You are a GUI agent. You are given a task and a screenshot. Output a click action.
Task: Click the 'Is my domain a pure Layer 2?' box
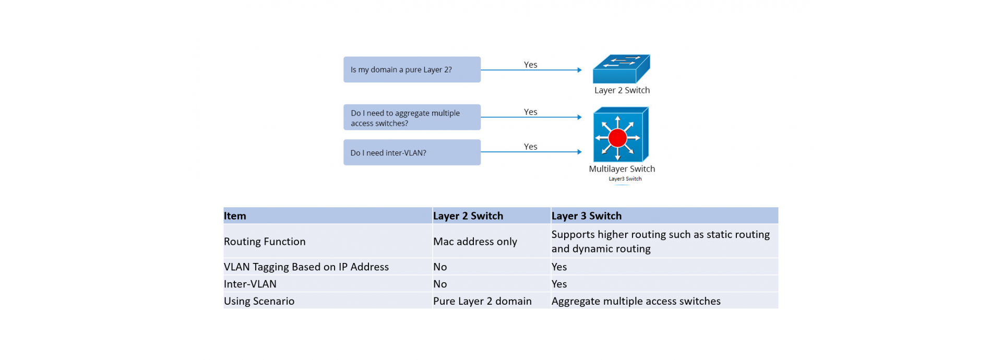(412, 69)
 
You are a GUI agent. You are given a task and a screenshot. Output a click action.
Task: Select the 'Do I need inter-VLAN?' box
(412, 152)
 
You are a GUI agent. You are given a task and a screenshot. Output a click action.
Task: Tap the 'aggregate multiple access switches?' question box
(412, 117)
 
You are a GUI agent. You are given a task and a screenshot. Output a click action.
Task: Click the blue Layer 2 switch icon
(621, 69)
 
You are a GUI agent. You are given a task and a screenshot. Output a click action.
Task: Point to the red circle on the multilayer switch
(617, 138)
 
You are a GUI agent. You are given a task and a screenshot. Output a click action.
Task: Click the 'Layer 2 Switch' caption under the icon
(622, 90)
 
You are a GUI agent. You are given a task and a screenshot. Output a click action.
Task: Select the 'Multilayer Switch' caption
(622, 169)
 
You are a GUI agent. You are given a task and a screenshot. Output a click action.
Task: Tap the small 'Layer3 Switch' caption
(625, 179)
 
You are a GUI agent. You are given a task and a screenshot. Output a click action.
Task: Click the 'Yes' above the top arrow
(530, 65)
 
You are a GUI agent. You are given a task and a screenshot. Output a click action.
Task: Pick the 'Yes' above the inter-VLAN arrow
(530, 147)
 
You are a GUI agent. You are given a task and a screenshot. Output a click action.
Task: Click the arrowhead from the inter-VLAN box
(579, 152)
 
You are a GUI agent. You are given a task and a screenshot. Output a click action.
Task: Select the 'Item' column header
(235, 216)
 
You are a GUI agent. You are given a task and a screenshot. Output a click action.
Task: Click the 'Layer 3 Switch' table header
(587, 216)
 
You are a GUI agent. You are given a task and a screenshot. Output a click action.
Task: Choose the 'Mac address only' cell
(475, 242)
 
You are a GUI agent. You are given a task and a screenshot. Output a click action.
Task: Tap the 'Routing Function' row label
(265, 242)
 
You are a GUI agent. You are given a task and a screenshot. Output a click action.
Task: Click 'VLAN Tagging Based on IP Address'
(306, 267)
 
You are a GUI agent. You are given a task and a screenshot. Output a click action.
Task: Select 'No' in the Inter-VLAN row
(440, 284)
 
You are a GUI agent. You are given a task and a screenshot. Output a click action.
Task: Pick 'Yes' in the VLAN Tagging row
(559, 267)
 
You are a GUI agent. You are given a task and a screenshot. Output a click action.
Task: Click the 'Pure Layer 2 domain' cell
(482, 302)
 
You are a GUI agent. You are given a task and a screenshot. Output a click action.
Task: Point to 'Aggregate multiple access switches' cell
(636, 302)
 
